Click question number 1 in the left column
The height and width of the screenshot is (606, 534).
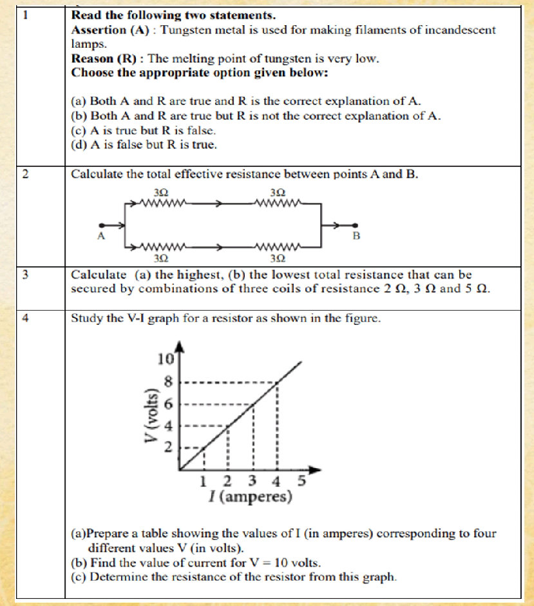[x=23, y=14]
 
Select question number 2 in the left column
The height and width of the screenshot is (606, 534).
[x=24, y=174]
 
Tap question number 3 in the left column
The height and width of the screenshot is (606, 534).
[x=24, y=275]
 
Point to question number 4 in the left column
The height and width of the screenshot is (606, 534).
[x=24, y=318]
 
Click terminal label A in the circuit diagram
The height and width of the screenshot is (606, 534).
[x=100, y=237]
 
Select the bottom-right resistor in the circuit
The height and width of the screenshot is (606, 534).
[x=278, y=246]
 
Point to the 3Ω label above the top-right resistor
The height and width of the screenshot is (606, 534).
[x=278, y=193]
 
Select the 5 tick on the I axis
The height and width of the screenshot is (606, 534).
[x=300, y=480]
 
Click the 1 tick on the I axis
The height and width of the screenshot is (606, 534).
[x=204, y=480]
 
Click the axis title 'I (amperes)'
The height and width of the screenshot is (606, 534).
[x=250, y=497]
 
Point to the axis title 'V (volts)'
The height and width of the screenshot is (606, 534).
[x=152, y=415]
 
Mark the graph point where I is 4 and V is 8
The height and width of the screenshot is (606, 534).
[x=277, y=382]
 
